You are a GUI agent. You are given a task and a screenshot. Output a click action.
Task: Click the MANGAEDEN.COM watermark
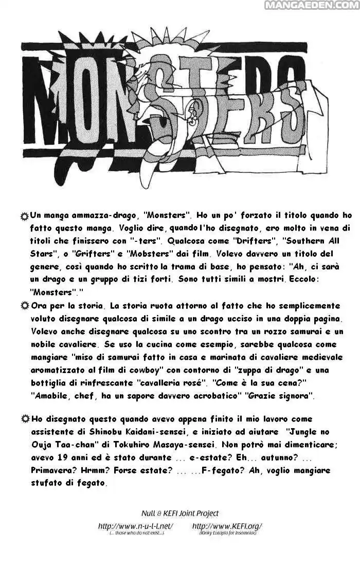click(x=312, y=5)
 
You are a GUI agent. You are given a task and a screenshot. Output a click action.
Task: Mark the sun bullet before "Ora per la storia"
click(x=24, y=306)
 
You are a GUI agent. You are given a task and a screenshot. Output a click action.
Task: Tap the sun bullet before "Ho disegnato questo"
click(x=24, y=419)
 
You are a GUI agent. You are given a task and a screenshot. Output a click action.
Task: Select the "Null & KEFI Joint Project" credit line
click(x=180, y=513)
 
